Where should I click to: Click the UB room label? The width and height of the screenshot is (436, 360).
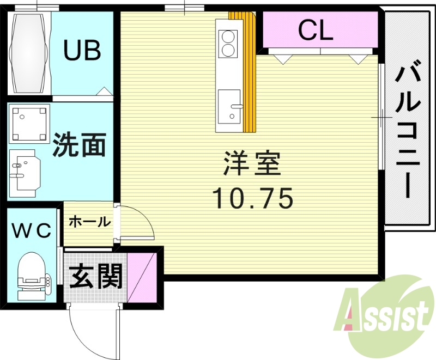82,51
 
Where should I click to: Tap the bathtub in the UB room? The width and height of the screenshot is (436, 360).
29,53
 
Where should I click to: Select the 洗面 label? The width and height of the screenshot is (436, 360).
79,145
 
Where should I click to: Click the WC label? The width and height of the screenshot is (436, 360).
32,230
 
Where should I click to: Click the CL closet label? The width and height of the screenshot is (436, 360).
315,32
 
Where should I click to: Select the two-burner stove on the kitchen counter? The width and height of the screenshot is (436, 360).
227,44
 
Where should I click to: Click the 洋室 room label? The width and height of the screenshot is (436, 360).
252,164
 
